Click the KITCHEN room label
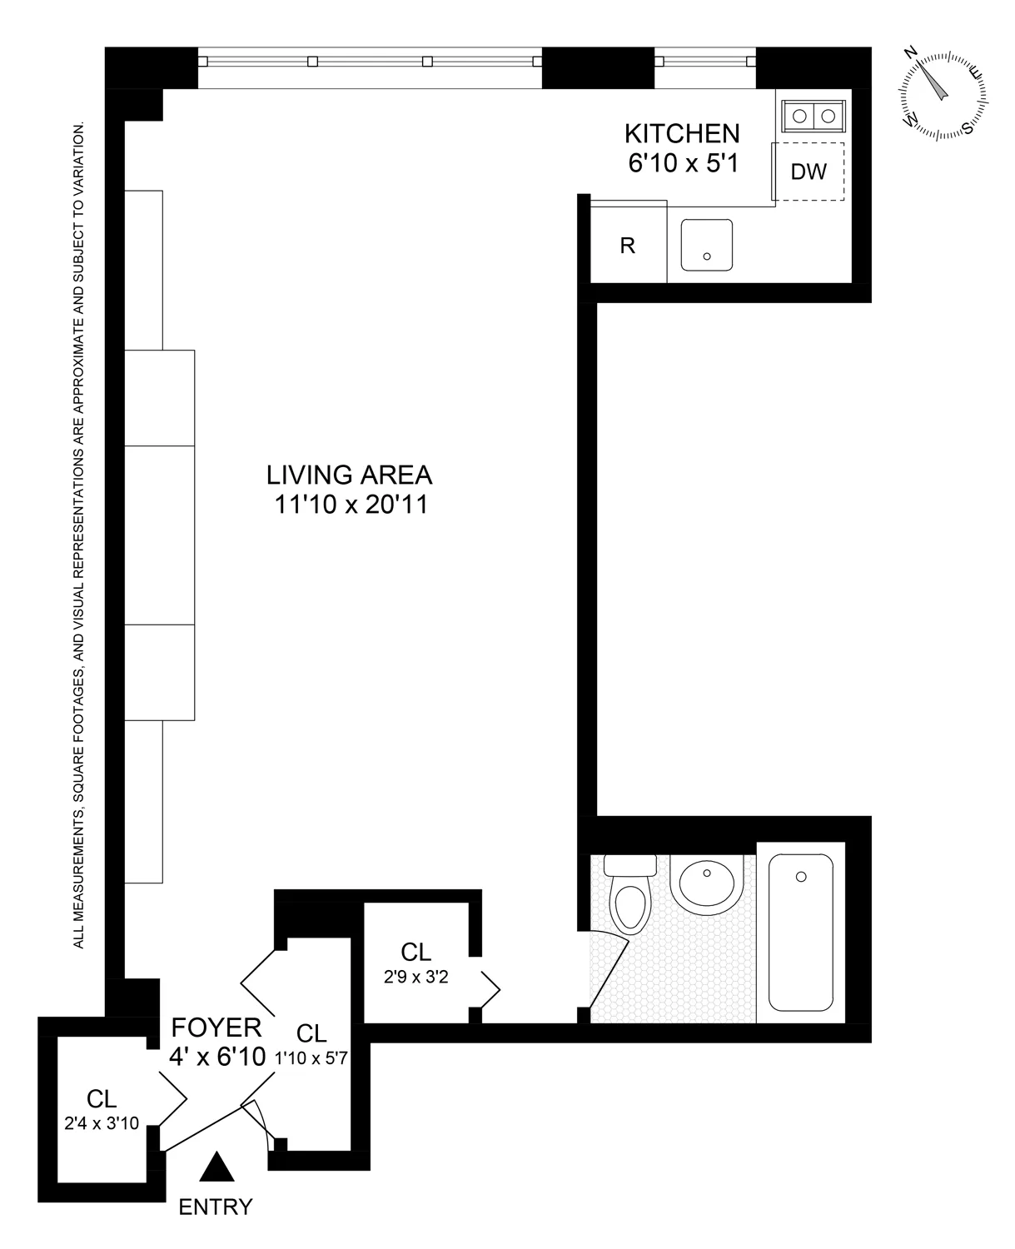pos(682,133)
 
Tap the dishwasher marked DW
pos(808,172)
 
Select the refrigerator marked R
pos(628,246)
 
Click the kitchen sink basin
pos(706,245)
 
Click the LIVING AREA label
pos(349,475)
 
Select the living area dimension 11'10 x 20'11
pos(351,505)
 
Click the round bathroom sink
pos(707,884)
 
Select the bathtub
pos(800,930)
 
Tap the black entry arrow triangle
pos(216,1167)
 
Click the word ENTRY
pos(216,1207)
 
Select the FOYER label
pos(216,1027)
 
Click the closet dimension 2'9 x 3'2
pos(416,978)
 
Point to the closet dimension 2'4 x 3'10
pos(102,1123)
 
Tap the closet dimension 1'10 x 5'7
pos(311,1057)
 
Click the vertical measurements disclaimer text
pos(79,536)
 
